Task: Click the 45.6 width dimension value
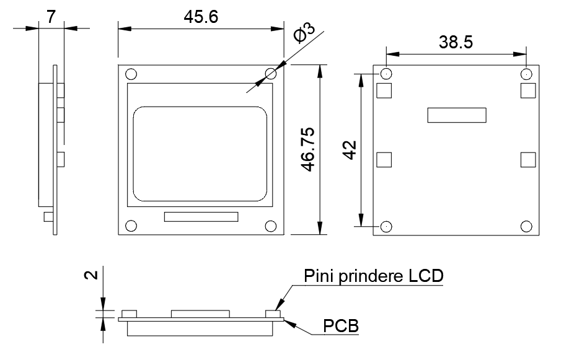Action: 200,17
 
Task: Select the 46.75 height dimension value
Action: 308,149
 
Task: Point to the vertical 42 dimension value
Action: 350,150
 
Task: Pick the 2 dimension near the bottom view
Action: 90,274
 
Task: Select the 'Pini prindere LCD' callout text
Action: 374,275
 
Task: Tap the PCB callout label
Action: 341,325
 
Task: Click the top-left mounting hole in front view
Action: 131,74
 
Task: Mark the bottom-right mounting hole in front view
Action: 270,226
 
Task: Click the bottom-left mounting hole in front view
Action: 131,226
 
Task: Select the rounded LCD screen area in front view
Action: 201,154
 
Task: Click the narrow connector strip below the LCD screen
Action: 201,217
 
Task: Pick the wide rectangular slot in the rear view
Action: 457,115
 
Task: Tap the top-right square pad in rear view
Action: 528,91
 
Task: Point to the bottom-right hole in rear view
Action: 527,226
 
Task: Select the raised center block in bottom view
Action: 201,314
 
